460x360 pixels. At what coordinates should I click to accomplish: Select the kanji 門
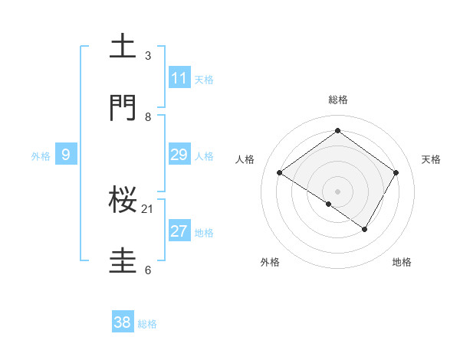point(123,108)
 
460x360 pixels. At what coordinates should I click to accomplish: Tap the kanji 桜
point(123,200)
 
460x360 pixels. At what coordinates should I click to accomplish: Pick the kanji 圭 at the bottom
point(123,261)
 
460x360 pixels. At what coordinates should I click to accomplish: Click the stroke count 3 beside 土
point(148,55)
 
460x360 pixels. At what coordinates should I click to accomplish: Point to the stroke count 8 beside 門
point(148,116)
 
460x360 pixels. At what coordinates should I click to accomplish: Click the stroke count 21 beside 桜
point(148,208)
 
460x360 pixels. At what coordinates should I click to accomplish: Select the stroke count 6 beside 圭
point(148,270)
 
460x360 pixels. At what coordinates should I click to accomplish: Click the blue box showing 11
point(179,78)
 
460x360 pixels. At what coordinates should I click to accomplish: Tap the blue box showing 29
point(179,155)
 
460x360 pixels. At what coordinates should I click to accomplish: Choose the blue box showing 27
point(179,231)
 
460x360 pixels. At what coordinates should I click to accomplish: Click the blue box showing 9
point(66,155)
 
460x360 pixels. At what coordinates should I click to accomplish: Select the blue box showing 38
point(123,322)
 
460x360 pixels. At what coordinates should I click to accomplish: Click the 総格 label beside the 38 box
point(147,324)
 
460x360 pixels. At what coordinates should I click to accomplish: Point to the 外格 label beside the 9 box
point(41,156)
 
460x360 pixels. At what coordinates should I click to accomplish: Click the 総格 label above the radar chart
point(337,100)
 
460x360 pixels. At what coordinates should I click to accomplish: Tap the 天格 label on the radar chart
point(431,159)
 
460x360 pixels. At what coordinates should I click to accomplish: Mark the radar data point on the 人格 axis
point(280,173)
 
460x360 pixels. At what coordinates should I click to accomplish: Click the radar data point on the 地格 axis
point(365,229)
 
